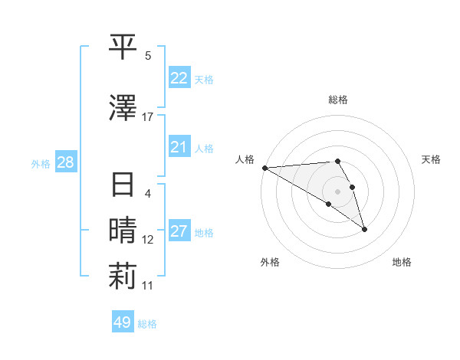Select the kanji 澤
pos(123,108)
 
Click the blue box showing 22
pos(179,77)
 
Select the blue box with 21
pos(179,147)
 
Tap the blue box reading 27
pos(179,231)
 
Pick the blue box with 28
pos(65,162)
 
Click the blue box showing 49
pos(123,322)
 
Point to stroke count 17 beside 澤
pos(148,116)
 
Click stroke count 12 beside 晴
pos(148,240)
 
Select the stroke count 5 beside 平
pos(148,56)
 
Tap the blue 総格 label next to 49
pos(147,324)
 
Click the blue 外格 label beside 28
pos(41,163)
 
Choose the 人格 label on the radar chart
pos(245,159)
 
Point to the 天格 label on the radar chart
pos(432,159)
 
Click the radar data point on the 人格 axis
pos(264,168)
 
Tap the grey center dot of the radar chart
pos(337,191)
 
